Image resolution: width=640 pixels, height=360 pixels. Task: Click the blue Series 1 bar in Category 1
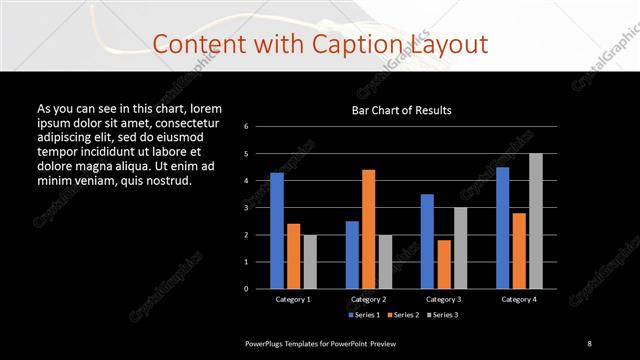tap(277, 231)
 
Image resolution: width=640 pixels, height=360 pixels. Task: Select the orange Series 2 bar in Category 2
tap(368, 229)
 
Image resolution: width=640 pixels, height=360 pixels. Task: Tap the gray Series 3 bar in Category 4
tap(536, 221)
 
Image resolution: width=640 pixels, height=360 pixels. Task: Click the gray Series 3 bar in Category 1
tap(310, 262)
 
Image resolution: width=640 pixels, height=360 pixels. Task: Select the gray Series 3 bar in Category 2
tap(385, 262)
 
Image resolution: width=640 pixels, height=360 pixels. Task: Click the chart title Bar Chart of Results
tap(401, 110)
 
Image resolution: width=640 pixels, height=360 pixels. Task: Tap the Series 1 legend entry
tap(362, 315)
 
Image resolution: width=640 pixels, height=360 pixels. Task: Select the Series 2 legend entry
tap(402, 315)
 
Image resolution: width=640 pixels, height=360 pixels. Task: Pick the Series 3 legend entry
tap(442, 315)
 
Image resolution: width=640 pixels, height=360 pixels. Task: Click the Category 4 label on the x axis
tap(518, 299)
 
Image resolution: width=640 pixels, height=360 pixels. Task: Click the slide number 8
tap(589, 343)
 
